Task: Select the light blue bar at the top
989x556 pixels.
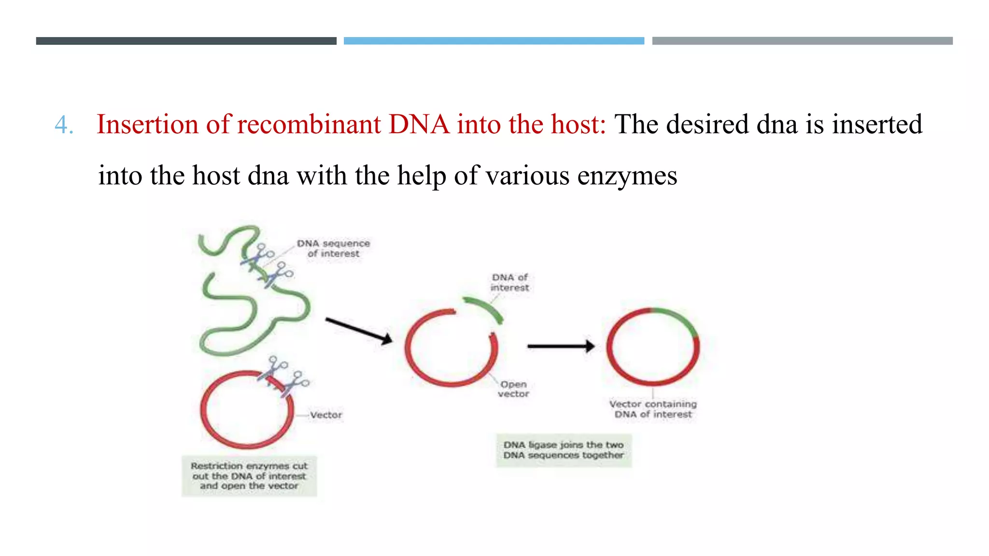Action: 494,41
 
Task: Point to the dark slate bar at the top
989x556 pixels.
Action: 186,41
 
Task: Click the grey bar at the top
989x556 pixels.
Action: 802,41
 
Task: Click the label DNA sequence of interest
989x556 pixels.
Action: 333,248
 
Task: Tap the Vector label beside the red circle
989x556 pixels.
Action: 326,415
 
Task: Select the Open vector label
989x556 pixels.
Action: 513,389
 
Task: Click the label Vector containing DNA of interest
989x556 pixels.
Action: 653,409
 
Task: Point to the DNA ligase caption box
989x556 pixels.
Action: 564,450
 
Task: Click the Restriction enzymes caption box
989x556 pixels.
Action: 249,476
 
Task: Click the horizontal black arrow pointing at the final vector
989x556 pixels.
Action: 560,346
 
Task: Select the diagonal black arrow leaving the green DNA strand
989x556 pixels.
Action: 358,331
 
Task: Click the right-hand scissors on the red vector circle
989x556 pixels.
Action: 295,384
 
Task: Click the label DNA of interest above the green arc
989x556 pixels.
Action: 509,282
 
